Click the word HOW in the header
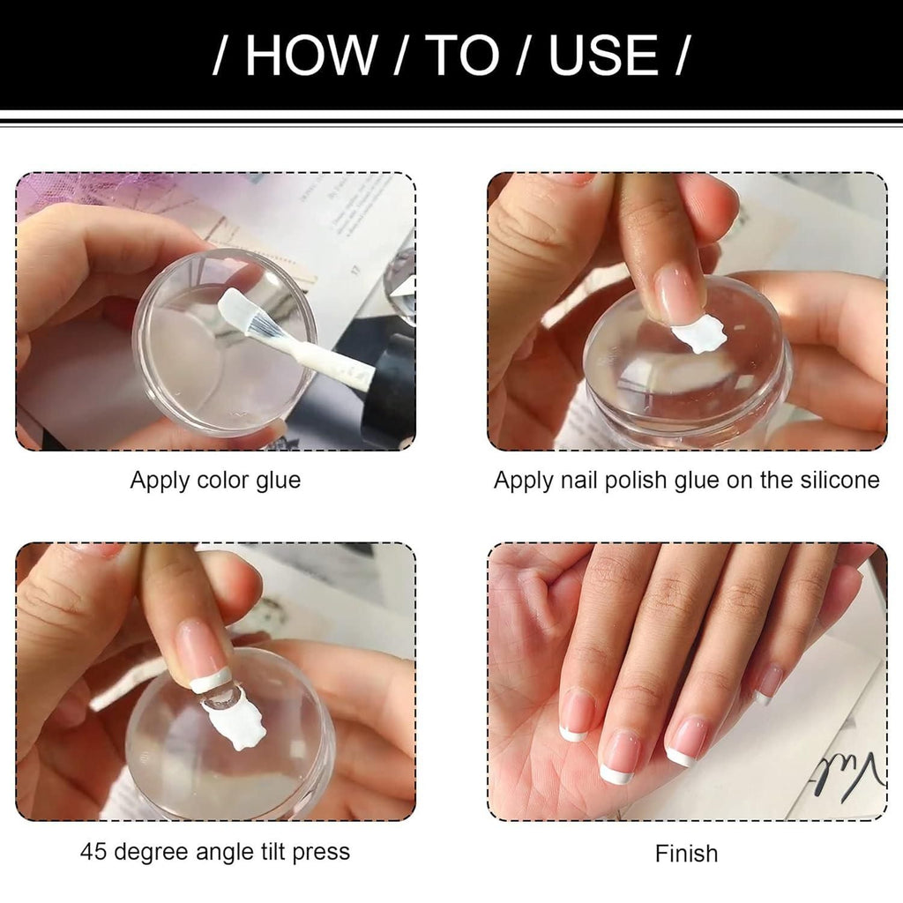(x=310, y=56)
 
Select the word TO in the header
(x=463, y=56)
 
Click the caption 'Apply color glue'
(x=215, y=481)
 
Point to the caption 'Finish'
(x=686, y=854)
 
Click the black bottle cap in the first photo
(x=391, y=388)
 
